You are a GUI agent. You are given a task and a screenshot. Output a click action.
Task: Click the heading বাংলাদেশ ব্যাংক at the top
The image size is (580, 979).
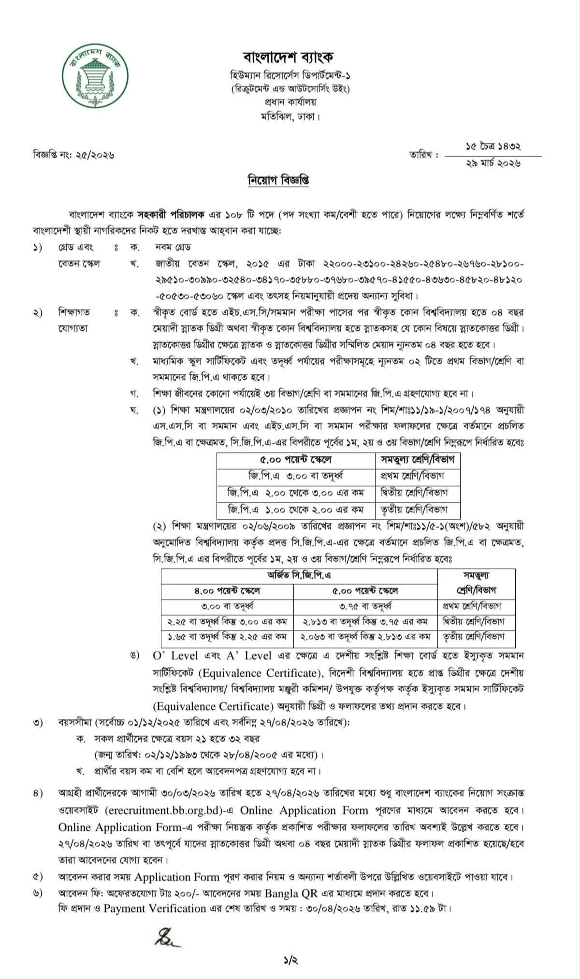289,58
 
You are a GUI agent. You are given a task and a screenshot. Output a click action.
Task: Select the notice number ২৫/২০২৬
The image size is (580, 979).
95,155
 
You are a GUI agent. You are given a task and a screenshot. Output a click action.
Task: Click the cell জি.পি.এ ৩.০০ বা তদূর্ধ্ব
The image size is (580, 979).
296,476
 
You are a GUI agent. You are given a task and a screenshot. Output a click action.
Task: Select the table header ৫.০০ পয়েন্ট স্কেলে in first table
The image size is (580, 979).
296,459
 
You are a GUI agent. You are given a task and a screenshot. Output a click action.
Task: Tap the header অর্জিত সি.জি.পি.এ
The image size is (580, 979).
299,575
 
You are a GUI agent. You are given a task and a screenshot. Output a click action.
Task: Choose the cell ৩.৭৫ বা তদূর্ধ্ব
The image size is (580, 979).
365,606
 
